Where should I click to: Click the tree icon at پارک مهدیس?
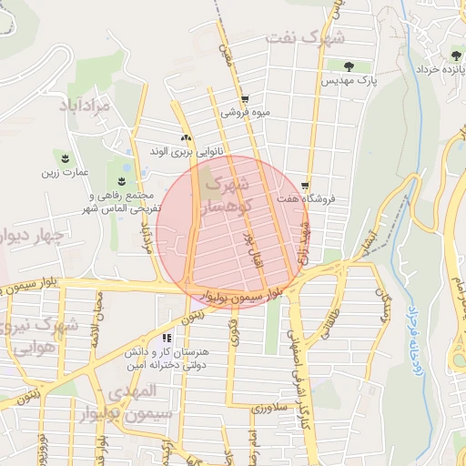point(350,66)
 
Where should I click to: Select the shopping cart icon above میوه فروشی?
point(245,100)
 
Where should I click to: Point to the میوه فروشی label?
point(245,115)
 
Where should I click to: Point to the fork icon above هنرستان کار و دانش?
point(167,338)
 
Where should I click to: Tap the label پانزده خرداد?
point(441,69)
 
